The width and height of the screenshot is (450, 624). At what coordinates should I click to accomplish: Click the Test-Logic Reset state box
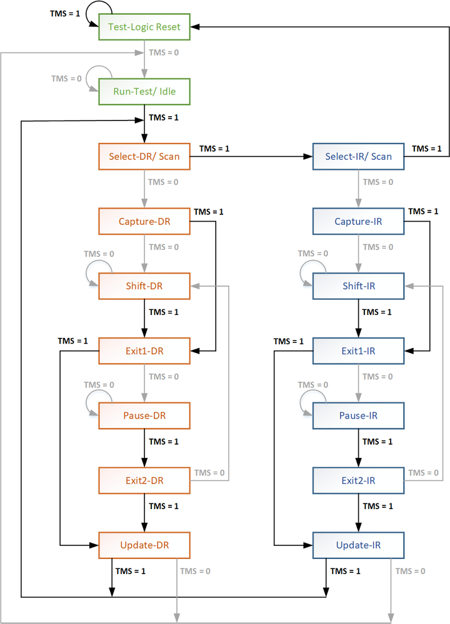(x=144, y=27)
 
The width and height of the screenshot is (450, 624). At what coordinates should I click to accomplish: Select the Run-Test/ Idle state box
(x=144, y=92)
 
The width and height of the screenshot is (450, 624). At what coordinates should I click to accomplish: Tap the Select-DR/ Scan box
(x=144, y=157)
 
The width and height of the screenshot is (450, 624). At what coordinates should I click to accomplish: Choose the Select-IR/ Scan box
(x=358, y=157)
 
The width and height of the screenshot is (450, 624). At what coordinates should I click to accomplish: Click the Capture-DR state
(x=144, y=222)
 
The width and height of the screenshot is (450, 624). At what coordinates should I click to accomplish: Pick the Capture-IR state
(x=358, y=222)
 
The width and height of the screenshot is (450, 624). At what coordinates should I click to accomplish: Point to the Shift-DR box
(x=144, y=286)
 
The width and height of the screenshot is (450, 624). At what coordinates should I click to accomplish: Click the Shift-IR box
(x=358, y=286)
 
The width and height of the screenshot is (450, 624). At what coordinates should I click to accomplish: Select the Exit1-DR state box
(x=144, y=351)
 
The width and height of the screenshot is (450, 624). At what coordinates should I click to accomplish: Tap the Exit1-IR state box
(x=358, y=351)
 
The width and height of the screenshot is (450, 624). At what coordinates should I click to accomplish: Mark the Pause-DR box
(x=144, y=416)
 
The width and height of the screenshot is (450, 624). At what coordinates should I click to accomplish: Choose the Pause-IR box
(x=358, y=416)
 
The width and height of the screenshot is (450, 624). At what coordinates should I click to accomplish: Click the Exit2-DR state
(x=144, y=480)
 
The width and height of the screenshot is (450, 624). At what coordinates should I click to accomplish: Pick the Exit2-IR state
(x=358, y=480)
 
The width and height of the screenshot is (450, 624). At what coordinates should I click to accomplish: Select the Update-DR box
(x=144, y=545)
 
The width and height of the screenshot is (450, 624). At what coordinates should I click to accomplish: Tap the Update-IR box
(x=358, y=545)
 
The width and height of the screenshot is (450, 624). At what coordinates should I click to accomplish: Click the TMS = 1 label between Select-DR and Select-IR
(x=214, y=149)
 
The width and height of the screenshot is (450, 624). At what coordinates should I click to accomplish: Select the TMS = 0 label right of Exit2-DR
(x=209, y=473)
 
